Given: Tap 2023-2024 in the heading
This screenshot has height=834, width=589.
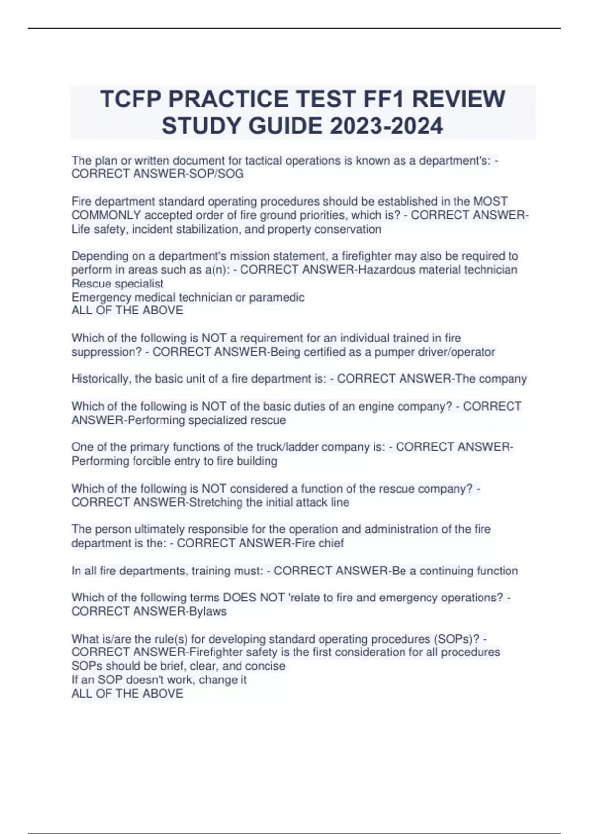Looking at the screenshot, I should (386, 126).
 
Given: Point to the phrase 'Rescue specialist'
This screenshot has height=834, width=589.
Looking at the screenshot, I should (117, 284).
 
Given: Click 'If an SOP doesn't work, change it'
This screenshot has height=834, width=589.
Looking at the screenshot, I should (159, 679).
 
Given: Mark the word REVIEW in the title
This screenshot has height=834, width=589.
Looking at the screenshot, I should (458, 99).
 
